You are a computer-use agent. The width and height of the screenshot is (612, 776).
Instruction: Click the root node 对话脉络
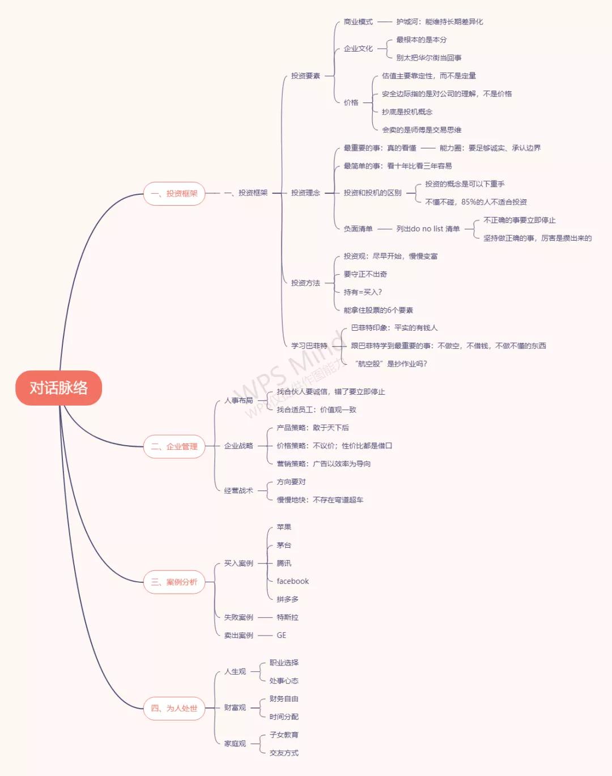pos(58,387)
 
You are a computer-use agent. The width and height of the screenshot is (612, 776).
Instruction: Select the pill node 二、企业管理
pos(175,446)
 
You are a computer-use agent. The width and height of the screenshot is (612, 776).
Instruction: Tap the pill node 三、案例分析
pos(175,582)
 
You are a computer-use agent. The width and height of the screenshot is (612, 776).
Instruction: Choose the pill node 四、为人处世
pos(175,708)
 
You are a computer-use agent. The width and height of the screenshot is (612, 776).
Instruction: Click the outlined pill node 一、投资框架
pos(175,194)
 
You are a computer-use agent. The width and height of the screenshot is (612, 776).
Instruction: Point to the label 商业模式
pos(358,22)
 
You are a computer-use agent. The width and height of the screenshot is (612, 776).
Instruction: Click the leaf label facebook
pos(292,581)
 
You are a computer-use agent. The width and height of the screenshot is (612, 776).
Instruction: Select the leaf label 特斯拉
pos(288,617)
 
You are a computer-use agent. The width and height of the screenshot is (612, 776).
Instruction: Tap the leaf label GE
pos(282,635)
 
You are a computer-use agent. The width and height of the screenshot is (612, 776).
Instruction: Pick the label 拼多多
pos(288,599)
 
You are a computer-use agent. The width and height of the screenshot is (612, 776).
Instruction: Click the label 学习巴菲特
pos(309,346)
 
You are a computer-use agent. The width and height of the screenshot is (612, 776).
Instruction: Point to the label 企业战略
pos(239,446)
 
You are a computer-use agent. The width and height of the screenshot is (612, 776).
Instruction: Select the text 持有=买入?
pos(363,292)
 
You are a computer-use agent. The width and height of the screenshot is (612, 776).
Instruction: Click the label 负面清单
pos(358,229)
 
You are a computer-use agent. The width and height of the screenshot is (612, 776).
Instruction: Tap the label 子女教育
pos(284,735)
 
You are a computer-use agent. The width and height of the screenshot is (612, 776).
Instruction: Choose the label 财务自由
pos(284,698)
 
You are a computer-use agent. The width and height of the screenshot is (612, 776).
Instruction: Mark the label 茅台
pos(284,545)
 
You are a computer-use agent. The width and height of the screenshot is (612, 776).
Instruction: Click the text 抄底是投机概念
pos(407,112)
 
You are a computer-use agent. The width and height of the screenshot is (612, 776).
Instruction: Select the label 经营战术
pos(239,491)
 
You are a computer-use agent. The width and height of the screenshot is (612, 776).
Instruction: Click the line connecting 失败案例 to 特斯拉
pos(265,617)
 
